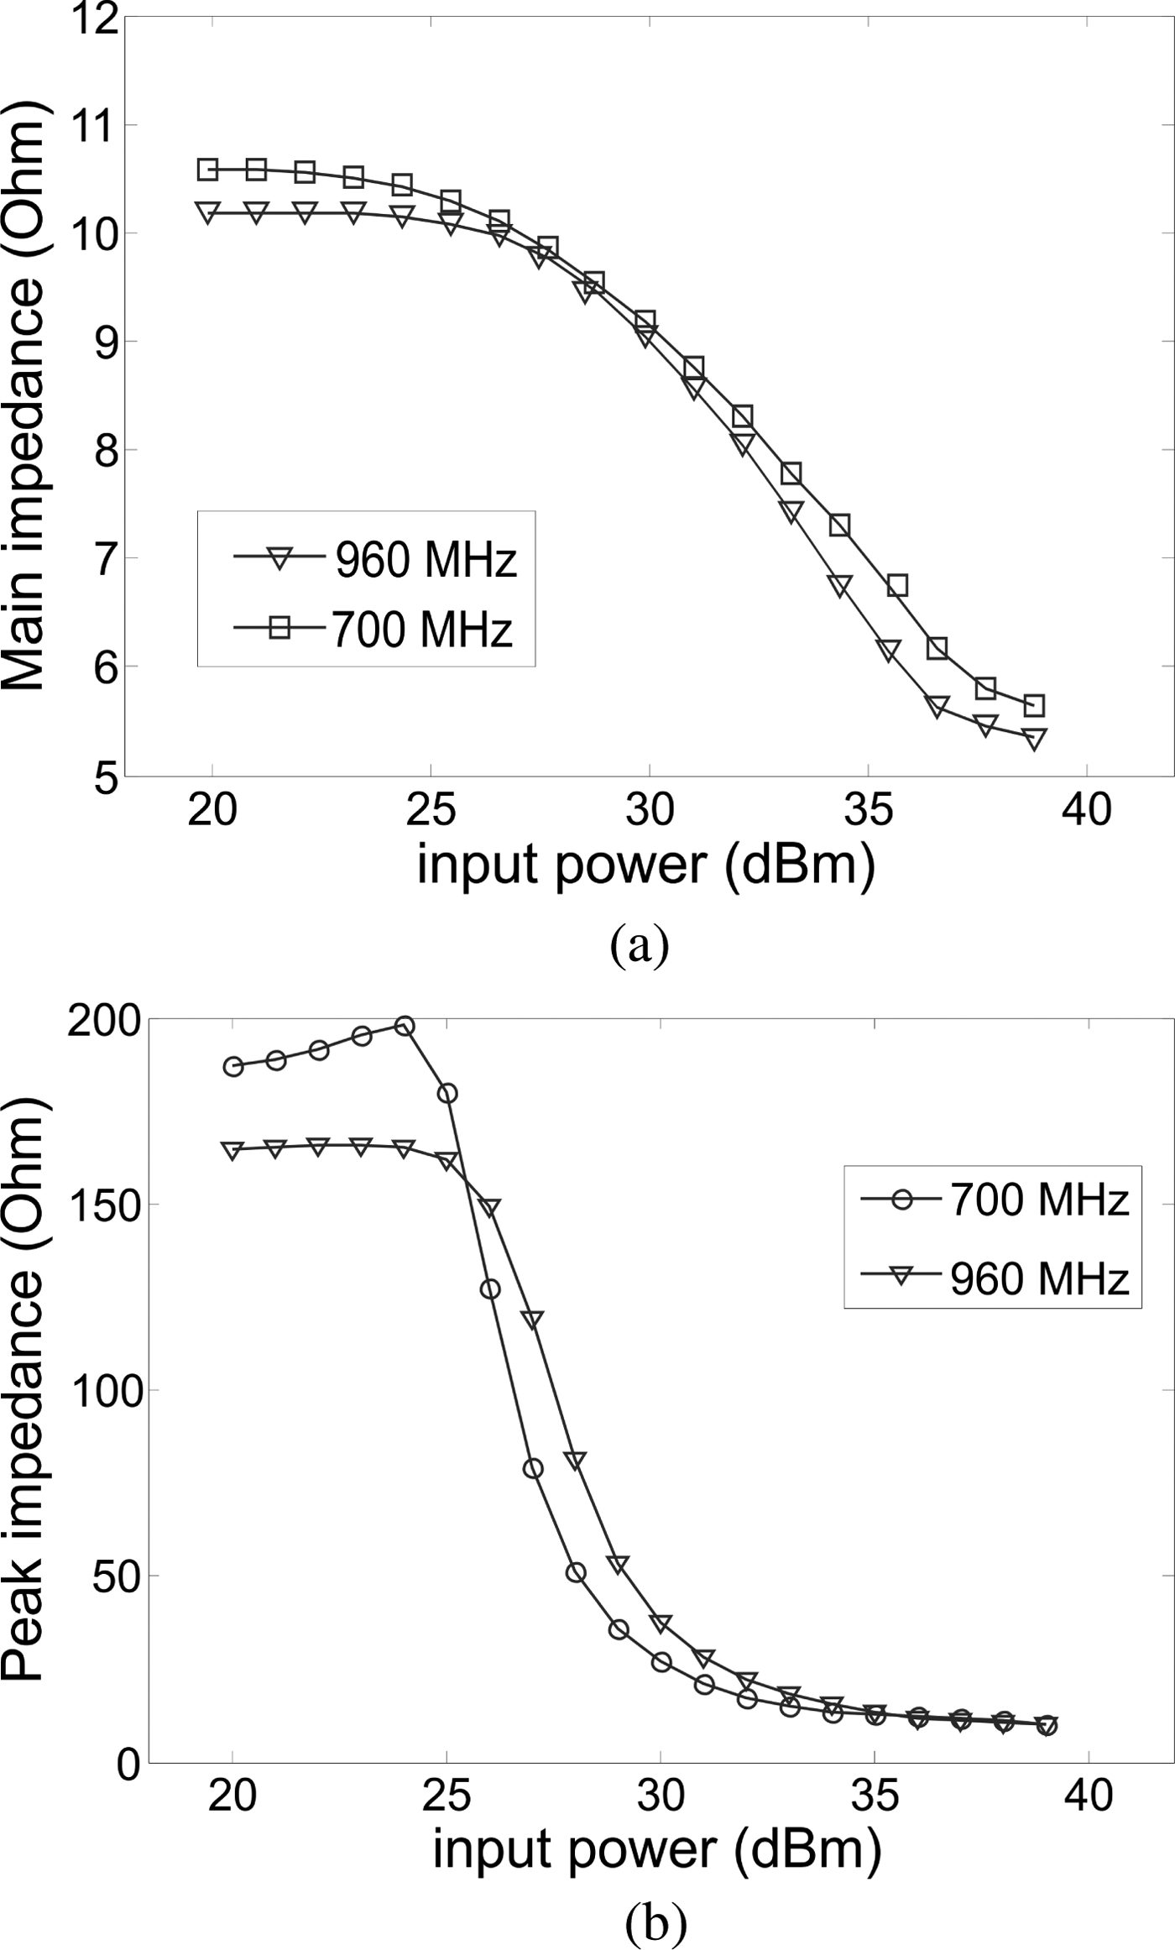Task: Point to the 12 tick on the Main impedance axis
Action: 94,18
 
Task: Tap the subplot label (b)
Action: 655,1920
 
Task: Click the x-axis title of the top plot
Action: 646,866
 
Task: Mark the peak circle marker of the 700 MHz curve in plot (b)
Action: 405,1026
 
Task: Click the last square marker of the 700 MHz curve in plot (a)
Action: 1034,705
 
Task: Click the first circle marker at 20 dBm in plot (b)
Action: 233,1067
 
